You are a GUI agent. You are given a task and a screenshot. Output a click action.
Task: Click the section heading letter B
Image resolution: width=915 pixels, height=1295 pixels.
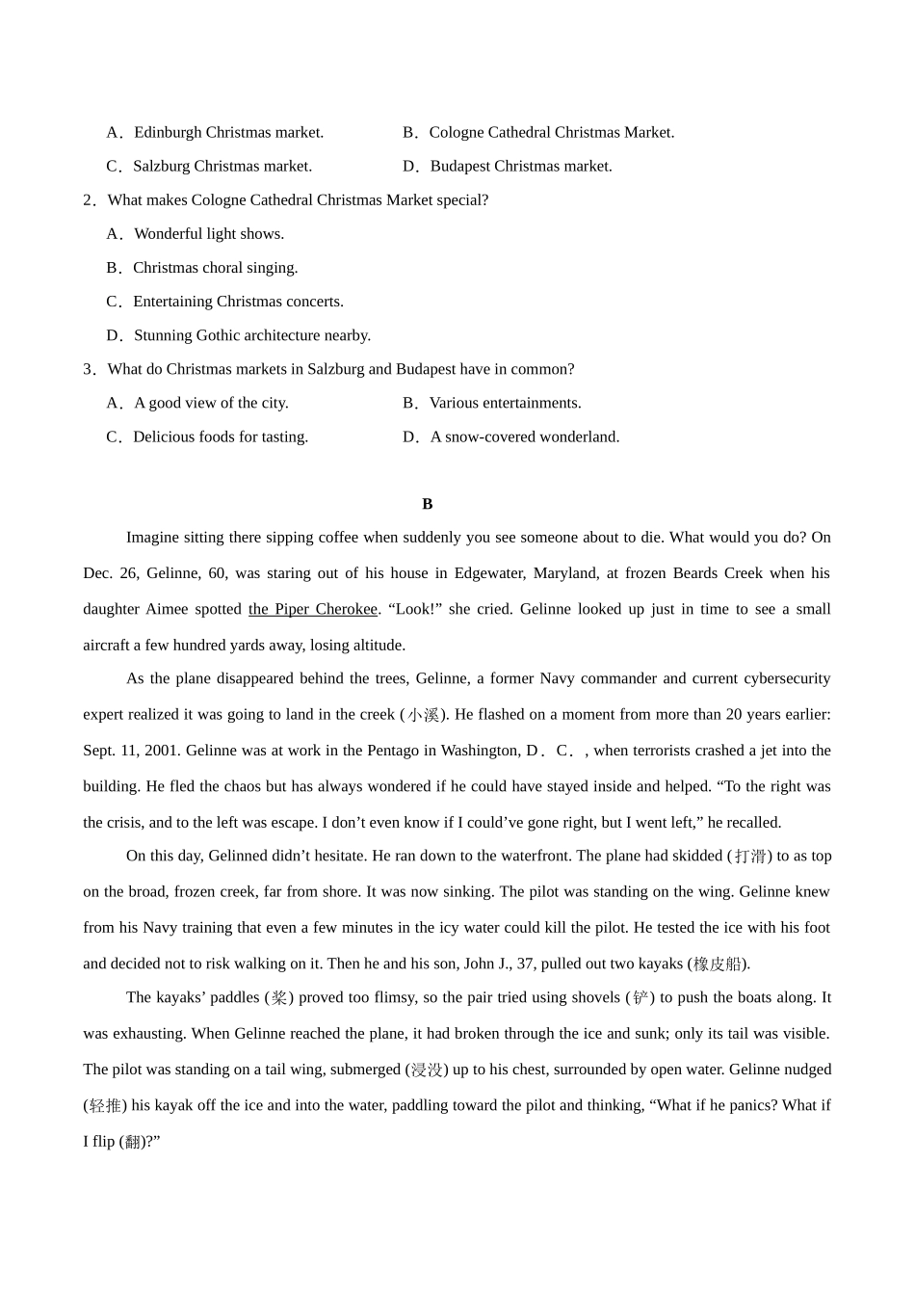click(428, 504)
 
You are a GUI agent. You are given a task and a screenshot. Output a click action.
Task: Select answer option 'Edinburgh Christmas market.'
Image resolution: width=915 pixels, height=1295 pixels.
click(228, 132)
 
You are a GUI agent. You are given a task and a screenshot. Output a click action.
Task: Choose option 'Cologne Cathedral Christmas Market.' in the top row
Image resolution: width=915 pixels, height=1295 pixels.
click(551, 132)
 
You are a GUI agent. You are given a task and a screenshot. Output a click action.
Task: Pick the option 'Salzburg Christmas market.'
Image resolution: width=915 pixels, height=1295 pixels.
click(222, 166)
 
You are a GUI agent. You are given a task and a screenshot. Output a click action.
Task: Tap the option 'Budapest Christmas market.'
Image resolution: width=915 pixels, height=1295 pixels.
click(521, 166)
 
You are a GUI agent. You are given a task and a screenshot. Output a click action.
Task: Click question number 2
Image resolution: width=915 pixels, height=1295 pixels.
click(89, 199)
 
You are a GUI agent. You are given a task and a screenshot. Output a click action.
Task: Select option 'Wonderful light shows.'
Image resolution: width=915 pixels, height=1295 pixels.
click(209, 233)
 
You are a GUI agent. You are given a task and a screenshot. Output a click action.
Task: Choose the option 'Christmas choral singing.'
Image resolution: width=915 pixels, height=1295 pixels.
click(216, 267)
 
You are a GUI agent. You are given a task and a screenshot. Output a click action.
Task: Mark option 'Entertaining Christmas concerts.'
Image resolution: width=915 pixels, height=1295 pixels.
click(238, 301)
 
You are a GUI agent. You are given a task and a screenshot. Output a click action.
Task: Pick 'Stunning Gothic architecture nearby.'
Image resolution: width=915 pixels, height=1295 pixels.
click(252, 335)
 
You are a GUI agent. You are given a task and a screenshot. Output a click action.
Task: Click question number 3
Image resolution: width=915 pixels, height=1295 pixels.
click(89, 369)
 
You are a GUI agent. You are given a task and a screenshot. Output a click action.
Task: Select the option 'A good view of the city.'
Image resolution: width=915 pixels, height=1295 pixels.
click(211, 403)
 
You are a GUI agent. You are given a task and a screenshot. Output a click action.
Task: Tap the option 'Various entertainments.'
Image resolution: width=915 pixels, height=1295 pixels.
click(505, 403)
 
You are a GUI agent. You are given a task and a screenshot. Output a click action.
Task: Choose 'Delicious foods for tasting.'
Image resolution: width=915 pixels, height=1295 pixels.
click(221, 436)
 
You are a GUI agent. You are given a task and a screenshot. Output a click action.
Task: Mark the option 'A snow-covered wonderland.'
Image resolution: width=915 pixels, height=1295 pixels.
click(525, 436)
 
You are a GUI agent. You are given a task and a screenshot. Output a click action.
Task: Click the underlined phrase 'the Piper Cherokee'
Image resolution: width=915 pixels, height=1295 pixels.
click(313, 609)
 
